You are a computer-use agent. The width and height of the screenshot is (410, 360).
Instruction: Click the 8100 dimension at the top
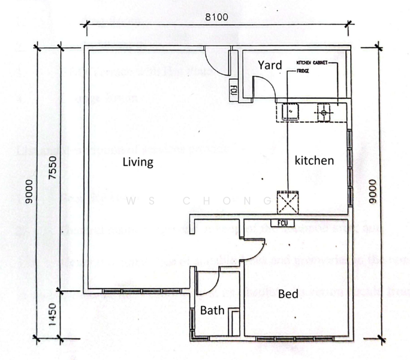[x=216, y=17]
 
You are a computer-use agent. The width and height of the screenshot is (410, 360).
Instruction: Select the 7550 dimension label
[x=52, y=169]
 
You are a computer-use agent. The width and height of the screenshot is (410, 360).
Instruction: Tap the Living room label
[x=138, y=162]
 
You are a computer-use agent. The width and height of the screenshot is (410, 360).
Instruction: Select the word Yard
[x=270, y=65]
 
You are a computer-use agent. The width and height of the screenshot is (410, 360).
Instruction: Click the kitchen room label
[x=313, y=161]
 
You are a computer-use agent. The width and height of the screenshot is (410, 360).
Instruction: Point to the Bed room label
[x=288, y=294]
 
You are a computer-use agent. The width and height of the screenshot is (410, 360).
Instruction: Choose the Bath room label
[x=212, y=311]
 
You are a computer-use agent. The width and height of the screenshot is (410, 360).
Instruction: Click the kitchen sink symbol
[x=290, y=112]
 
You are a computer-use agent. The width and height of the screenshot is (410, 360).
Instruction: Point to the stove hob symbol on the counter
[x=324, y=112]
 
